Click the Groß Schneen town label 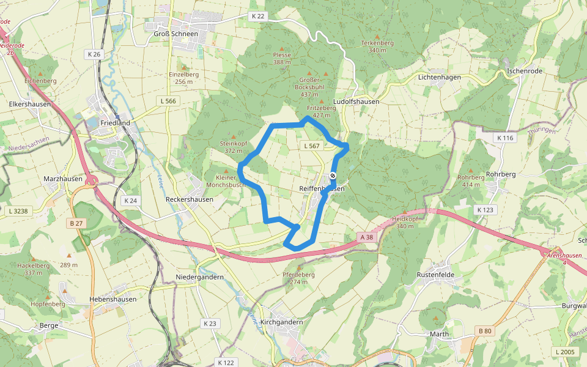point(175,34)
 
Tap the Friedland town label point(115,123)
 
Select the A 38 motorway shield point(366,237)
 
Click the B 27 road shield point(76,223)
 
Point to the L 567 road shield point(311,146)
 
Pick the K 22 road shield point(258,16)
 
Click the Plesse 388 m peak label point(282,58)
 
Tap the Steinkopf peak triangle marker point(232,136)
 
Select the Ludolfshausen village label point(356,102)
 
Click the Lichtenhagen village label point(439,77)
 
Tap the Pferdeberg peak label point(298,278)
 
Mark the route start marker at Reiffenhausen point(333,176)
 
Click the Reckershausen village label point(190,199)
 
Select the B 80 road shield point(484,331)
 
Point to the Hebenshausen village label point(113,299)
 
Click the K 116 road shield point(504,138)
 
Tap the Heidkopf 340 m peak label point(405,223)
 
